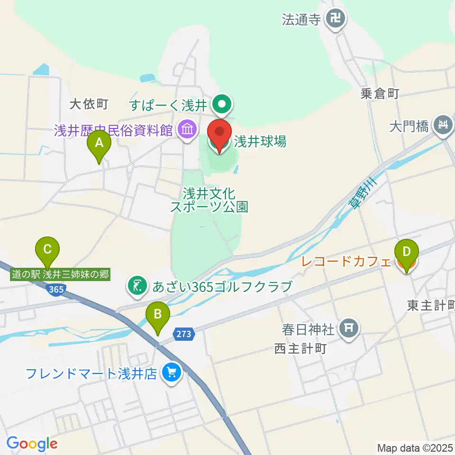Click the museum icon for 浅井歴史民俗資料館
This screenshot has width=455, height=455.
click(x=187, y=129)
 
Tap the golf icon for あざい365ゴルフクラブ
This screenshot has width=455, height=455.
click(x=137, y=286)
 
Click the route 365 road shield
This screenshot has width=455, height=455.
click(x=56, y=289)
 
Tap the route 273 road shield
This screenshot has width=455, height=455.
click(x=184, y=334)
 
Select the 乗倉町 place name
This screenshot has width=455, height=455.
click(x=380, y=94)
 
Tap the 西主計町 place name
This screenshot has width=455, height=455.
click(x=300, y=349)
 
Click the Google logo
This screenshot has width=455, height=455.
click(x=32, y=444)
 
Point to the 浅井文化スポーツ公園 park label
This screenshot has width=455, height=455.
click(x=209, y=200)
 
